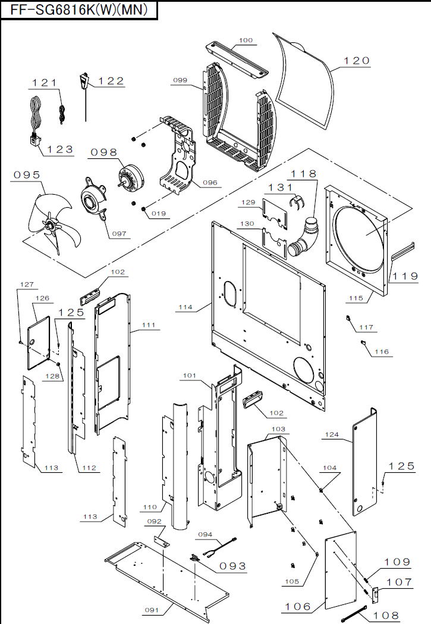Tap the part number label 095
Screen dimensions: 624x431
[x=27, y=174]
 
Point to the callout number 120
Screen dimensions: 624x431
[x=357, y=60]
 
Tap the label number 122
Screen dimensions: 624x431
[x=111, y=81]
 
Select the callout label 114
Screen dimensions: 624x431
[x=184, y=307]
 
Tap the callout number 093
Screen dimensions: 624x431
[x=232, y=566]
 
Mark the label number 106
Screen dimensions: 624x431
[x=298, y=606]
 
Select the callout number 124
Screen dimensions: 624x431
[x=332, y=435]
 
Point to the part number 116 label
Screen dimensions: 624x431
[x=381, y=352]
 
